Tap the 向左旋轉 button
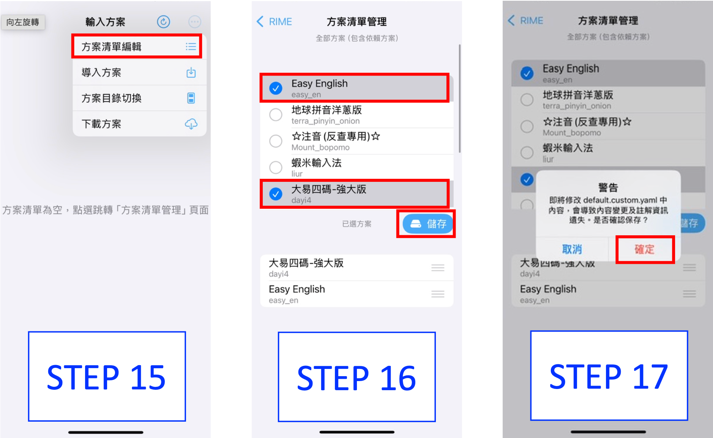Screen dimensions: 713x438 [23, 22]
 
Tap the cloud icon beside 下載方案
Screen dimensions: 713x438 [191, 124]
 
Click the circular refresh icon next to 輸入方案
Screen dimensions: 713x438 [164, 22]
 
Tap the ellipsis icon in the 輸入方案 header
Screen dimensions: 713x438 [195, 22]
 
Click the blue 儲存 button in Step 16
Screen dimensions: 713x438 [428, 224]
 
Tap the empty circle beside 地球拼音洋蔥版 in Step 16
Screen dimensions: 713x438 [276, 115]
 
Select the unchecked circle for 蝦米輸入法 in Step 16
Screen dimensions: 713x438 [276, 167]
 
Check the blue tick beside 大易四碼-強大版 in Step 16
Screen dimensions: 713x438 [276, 194]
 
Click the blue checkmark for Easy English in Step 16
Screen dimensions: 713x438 [276, 88]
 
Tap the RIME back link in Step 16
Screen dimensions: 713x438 [274, 22]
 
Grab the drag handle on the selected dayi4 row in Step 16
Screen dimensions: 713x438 [438, 268]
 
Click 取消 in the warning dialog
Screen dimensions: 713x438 [572, 249]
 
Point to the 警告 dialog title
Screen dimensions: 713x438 [608, 187]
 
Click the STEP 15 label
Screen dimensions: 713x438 [107, 377]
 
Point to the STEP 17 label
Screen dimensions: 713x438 [609, 376]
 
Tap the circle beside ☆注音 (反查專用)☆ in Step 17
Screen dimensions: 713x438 [527, 126]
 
